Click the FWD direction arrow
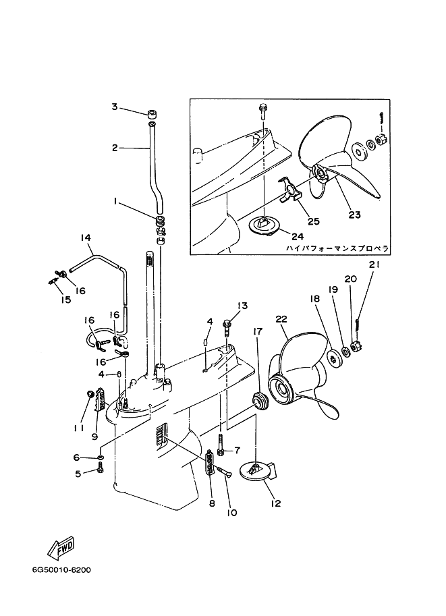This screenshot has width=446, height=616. click(x=61, y=547)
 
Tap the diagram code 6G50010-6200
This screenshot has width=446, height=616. click(x=61, y=569)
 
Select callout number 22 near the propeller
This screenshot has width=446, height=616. click(x=281, y=319)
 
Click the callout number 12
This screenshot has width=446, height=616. click(x=276, y=503)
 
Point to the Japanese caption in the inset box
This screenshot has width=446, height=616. click(x=337, y=248)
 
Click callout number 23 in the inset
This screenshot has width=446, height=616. click(x=354, y=215)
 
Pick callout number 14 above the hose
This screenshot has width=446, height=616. click(x=86, y=237)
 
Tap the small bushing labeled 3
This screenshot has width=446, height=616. click(x=152, y=115)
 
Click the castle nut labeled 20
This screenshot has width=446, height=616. click(x=356, y=347)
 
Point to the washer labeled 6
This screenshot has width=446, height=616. click(x=101, y=457)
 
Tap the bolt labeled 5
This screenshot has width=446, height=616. click(x=101, y=467)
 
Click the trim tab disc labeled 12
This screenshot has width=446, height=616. click(x=257, y=471)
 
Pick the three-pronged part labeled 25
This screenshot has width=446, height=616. click(x=289, y=190)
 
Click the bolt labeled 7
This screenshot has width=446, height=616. click(x=221, y=444)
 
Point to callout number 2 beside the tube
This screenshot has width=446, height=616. click(x=115, y=148)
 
